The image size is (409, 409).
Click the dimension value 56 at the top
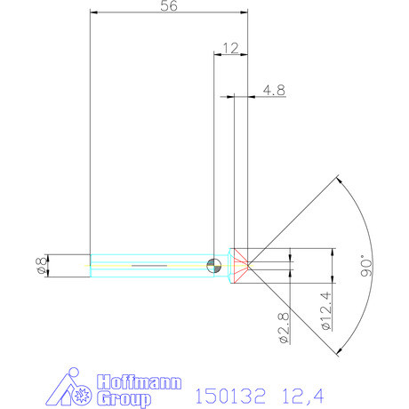pyautogui.click(x=167, y=7)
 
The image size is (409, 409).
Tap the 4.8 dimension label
pyautogui.click(x=274, y=89)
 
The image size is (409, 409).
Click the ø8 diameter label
pyautogui.click(x=38, y=265)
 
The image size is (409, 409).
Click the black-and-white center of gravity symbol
pyautogui.click(x=212, y=264)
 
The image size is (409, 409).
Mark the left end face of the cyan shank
pyautogui.click(x=91, y=265)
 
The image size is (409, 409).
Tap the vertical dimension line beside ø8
pyautogui.click(x=49, y=265)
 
